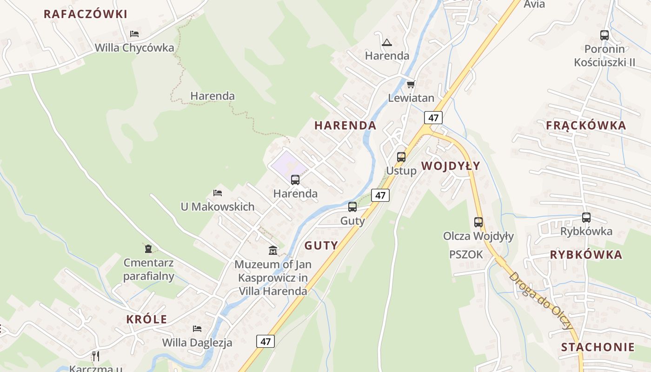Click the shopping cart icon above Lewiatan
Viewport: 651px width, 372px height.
click(411, 84)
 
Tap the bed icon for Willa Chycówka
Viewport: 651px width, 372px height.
click(134, 34)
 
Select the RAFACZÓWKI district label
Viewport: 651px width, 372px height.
click(85, 14)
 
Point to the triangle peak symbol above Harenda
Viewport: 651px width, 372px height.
click(386, 43)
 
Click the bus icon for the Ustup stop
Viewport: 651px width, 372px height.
click(401, 157)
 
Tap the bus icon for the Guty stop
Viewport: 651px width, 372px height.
click(352, 207)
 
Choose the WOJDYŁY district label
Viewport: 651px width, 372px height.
click(451, 166)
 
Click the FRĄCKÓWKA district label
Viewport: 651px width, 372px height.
click(586, 125)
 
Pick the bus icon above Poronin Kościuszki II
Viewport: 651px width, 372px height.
click(604, 35)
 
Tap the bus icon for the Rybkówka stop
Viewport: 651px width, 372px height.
click(586, 217)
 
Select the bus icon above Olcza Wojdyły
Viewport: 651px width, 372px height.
click(478, 222)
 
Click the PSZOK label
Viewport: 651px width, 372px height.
click(466, 254)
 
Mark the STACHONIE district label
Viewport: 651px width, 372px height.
click(598, 347)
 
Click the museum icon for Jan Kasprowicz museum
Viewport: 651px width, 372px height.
click(273, 251)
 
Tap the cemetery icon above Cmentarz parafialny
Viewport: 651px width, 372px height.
click(148, 249)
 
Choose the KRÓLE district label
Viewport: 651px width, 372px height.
click(146, 319)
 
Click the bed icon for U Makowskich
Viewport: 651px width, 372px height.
click(217, 193)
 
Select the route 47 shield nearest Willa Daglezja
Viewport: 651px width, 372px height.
click(266, 341)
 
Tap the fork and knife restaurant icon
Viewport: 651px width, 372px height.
click(96, 356)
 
